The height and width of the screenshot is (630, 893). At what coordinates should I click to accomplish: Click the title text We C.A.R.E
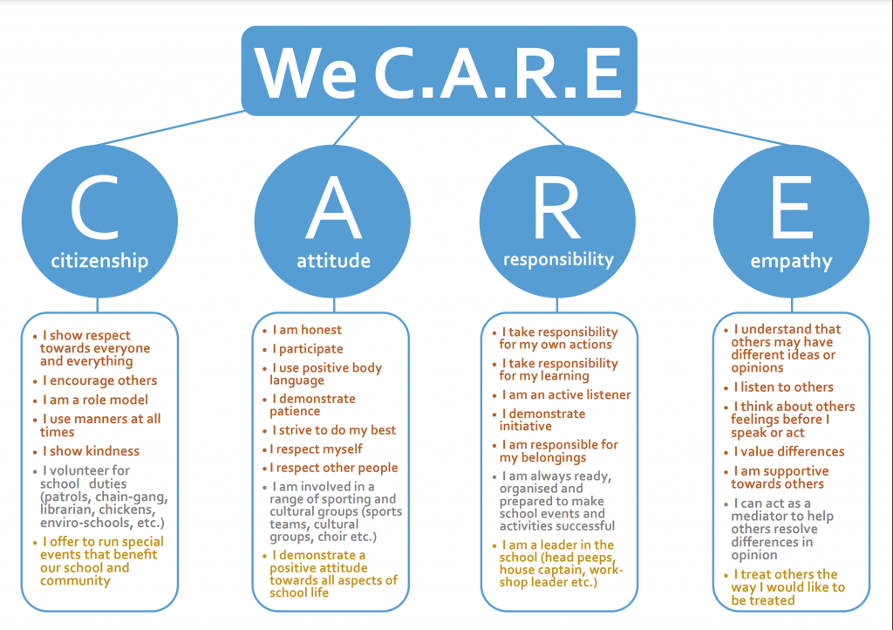[439, 72]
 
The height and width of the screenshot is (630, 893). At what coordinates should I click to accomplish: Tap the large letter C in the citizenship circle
[95, 208]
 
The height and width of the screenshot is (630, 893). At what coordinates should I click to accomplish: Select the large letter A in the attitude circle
[334, 208]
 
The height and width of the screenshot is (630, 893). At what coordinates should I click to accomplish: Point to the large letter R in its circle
[556, 208]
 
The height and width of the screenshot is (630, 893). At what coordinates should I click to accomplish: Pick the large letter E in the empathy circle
[792, 208]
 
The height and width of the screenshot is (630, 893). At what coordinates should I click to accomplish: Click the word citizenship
[99, 261]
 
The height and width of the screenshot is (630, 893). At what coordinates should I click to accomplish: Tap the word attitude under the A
[334, 261]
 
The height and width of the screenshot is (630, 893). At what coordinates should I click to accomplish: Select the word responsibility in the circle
[558, 260]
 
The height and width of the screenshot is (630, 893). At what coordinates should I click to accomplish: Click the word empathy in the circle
[791, 262]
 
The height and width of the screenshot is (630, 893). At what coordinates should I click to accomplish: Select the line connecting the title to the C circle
[171, 128]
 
